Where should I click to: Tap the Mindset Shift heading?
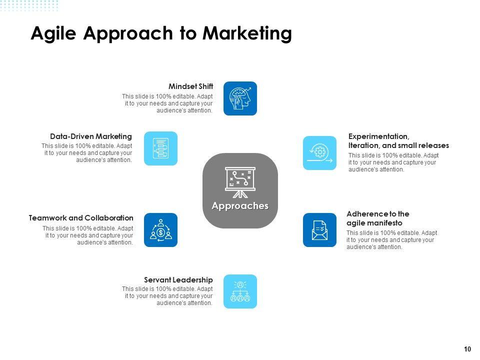point(190,86)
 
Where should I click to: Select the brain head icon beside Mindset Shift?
point(240,98)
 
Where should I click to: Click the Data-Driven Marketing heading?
point(91,136)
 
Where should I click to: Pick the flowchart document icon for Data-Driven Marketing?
point(160,148)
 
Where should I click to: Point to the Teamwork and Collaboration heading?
point(81,218)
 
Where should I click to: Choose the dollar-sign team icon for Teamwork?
point(160,230)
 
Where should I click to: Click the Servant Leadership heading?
point(178,280)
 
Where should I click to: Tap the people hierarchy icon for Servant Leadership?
point(240,291)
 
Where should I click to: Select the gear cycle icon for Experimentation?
point(319,153)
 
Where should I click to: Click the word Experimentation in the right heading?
point(378,136)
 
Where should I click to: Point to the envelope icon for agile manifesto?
point(319,230)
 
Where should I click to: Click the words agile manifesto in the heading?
point(374,223)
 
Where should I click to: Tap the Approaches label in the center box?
point(240,206)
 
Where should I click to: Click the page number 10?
point(467,349)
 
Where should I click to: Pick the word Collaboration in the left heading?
point(109,218)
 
